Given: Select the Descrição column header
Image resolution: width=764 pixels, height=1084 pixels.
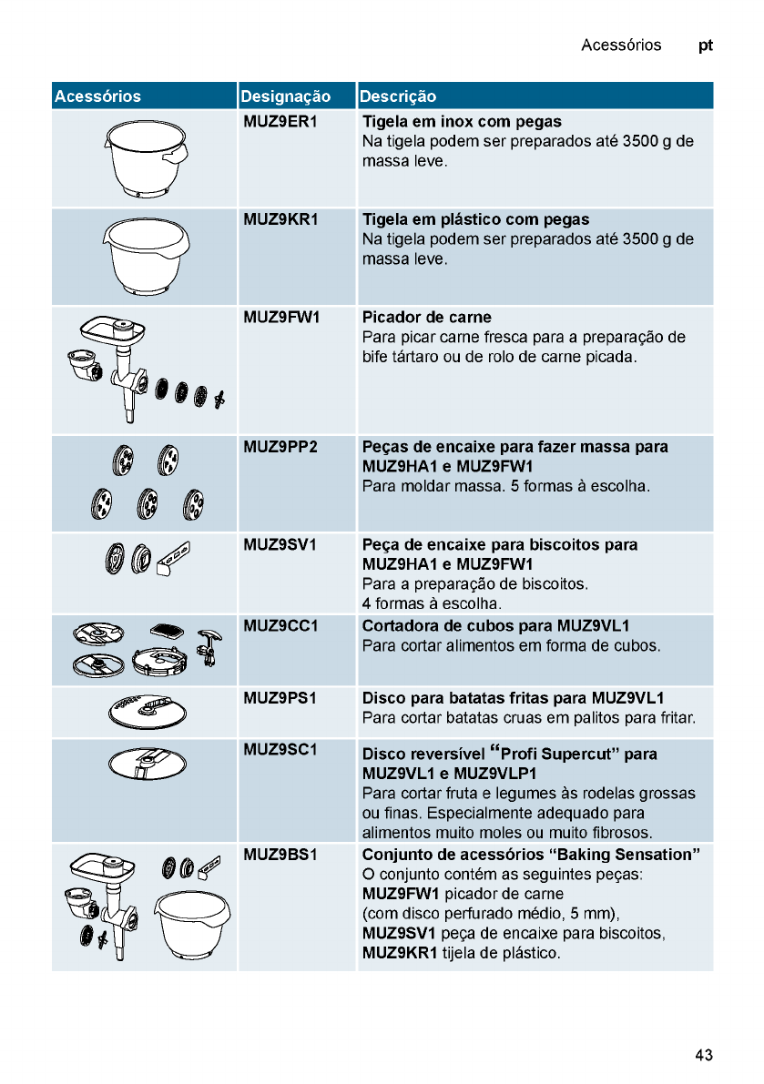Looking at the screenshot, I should (x=398, y=96).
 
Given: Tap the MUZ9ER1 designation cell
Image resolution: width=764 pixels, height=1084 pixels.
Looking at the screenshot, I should (x=280, y=121).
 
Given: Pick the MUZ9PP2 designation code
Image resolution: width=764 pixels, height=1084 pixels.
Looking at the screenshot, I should (x=280, y=447).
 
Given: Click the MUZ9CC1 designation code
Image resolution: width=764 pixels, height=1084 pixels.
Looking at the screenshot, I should (x=280, y=626).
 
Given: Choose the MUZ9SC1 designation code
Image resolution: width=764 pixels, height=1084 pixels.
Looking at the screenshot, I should (x=280, y=749).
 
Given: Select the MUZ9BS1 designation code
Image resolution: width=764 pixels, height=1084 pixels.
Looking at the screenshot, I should (x=280, y=855).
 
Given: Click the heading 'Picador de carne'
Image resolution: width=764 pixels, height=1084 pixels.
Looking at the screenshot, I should (x=427, y=318).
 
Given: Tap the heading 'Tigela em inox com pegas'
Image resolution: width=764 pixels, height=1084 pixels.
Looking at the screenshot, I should (x=462, y=121).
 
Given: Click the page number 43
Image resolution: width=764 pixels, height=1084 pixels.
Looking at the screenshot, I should (x=703, y=1055).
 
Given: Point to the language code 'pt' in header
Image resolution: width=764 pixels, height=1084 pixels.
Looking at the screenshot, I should (x=706, y=45).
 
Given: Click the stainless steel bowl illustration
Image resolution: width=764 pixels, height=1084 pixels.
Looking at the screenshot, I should (x=145, y=158).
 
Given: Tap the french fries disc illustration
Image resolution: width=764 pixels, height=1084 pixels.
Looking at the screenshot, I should (x=147, y=710).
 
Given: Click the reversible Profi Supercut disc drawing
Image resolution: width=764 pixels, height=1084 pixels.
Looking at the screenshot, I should (x=147, y=763).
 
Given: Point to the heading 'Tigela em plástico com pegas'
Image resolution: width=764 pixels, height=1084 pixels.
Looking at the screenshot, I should (x=475, y=219).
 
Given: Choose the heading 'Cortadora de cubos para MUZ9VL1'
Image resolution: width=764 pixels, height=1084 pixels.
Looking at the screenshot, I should (x=496, y=626).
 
